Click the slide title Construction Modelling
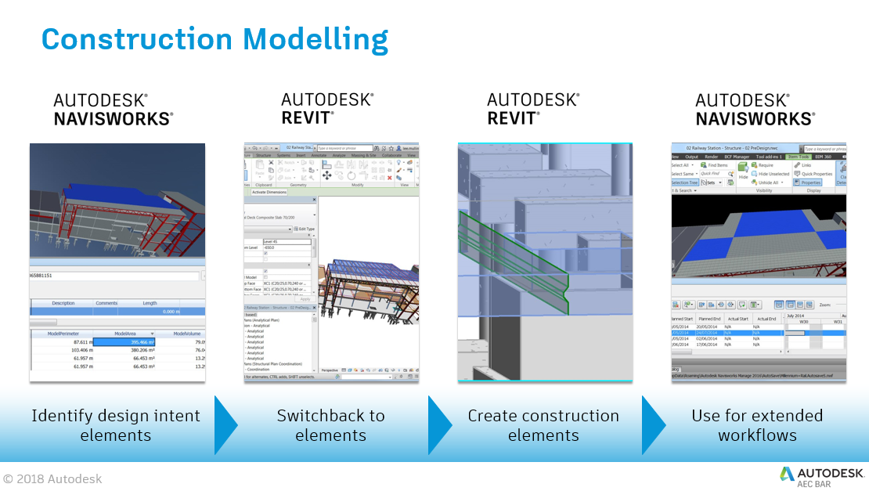(214, 38)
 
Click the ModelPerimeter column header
(62, 334)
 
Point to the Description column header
(63, 303)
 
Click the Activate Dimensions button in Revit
(269, 191)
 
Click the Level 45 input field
(286, 241)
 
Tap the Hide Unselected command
(773, 174)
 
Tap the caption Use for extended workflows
(756, 425)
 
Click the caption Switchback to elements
(330, 425)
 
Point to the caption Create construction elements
(543, 425)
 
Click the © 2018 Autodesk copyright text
(52, 478)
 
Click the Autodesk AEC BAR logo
(822, 475)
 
